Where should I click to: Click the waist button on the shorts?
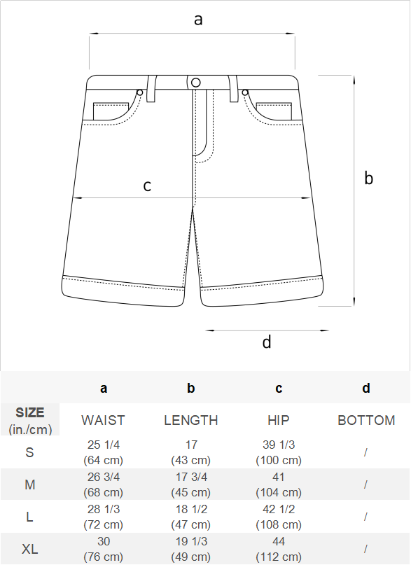(195, 83)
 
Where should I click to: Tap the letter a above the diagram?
(198, 20)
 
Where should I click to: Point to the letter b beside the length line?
(368, 178)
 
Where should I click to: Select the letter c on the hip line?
(147, 186)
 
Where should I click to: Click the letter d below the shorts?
(267, 342)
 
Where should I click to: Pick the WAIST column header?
(103, 420)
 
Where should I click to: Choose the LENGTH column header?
(191, 420)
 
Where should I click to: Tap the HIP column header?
(279, 420)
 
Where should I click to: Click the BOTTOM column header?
(366, 420)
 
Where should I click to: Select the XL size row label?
(30, 549)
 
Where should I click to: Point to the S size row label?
(30, 452)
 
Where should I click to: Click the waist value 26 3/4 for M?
(104, 477)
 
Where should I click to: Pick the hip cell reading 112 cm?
(279, 557)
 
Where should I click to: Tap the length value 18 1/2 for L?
(191, 509)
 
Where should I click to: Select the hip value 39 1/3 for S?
(279, 445)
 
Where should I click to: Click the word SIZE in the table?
(30, 412)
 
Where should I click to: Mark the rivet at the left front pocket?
(140, 92)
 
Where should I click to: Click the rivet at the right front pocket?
(245, 92)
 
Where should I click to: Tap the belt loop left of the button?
(152, 89)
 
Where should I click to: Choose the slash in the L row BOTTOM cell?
(365, 517)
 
